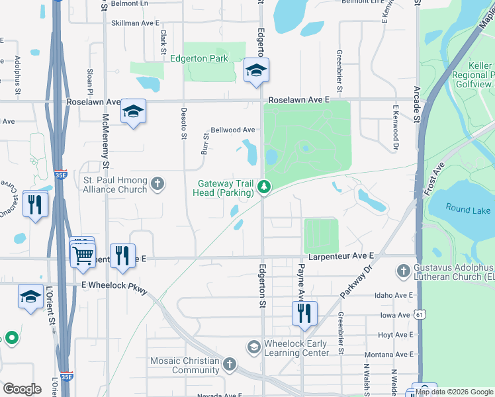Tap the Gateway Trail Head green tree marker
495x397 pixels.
[x=264, y=188]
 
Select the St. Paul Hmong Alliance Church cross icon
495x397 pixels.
[x=157, y=183]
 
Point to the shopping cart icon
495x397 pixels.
[x=83, y=255]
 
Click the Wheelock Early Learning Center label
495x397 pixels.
[x=295, y=348]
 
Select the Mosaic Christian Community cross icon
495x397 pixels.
[x=229, y=365]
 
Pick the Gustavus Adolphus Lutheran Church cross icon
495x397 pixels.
[x=403, y=271]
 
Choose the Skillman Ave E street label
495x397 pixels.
[x=136, y=22]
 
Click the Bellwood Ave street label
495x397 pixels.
[x=233, y=130]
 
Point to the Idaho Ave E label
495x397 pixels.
[x=393, y=295]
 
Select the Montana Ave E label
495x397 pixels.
[x=388, y=355]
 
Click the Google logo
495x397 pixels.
[x=22, y=389]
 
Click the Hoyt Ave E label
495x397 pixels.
[x=395, y=335]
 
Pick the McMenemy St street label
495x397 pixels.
[x=105, y=136]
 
